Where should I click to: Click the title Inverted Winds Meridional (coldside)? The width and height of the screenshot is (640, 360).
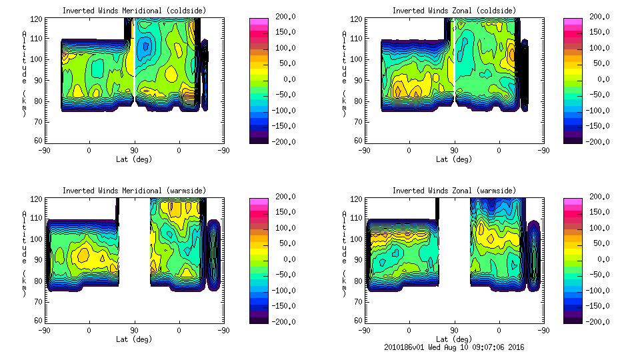pos(135,11)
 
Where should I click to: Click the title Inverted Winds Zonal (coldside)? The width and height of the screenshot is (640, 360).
pos(454,11)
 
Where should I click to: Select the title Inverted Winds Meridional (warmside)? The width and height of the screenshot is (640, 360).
pos(135,191)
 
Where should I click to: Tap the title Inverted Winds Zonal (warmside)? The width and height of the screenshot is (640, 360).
pos(454,191)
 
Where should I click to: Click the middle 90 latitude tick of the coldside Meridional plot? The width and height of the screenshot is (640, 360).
pos(134,150)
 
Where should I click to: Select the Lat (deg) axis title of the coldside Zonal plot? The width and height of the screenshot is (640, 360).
pos(454,159)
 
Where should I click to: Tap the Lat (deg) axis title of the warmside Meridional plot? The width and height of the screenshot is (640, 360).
pos(135,339)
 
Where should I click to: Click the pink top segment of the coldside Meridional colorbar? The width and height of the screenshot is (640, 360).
pos(259,23)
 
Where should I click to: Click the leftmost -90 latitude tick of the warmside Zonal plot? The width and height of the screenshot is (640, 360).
pos(364,330)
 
